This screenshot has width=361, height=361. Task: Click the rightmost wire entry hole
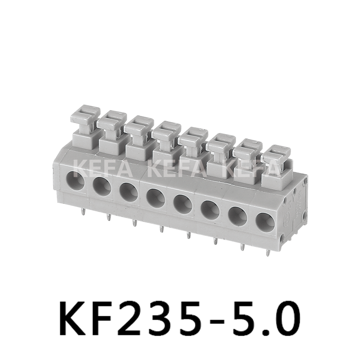tap(265, 222)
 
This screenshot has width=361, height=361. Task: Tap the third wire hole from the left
tap(129, 192)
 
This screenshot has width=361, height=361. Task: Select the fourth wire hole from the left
tap(155, 197)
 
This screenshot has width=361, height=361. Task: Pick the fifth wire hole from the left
tap(183, 204)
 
